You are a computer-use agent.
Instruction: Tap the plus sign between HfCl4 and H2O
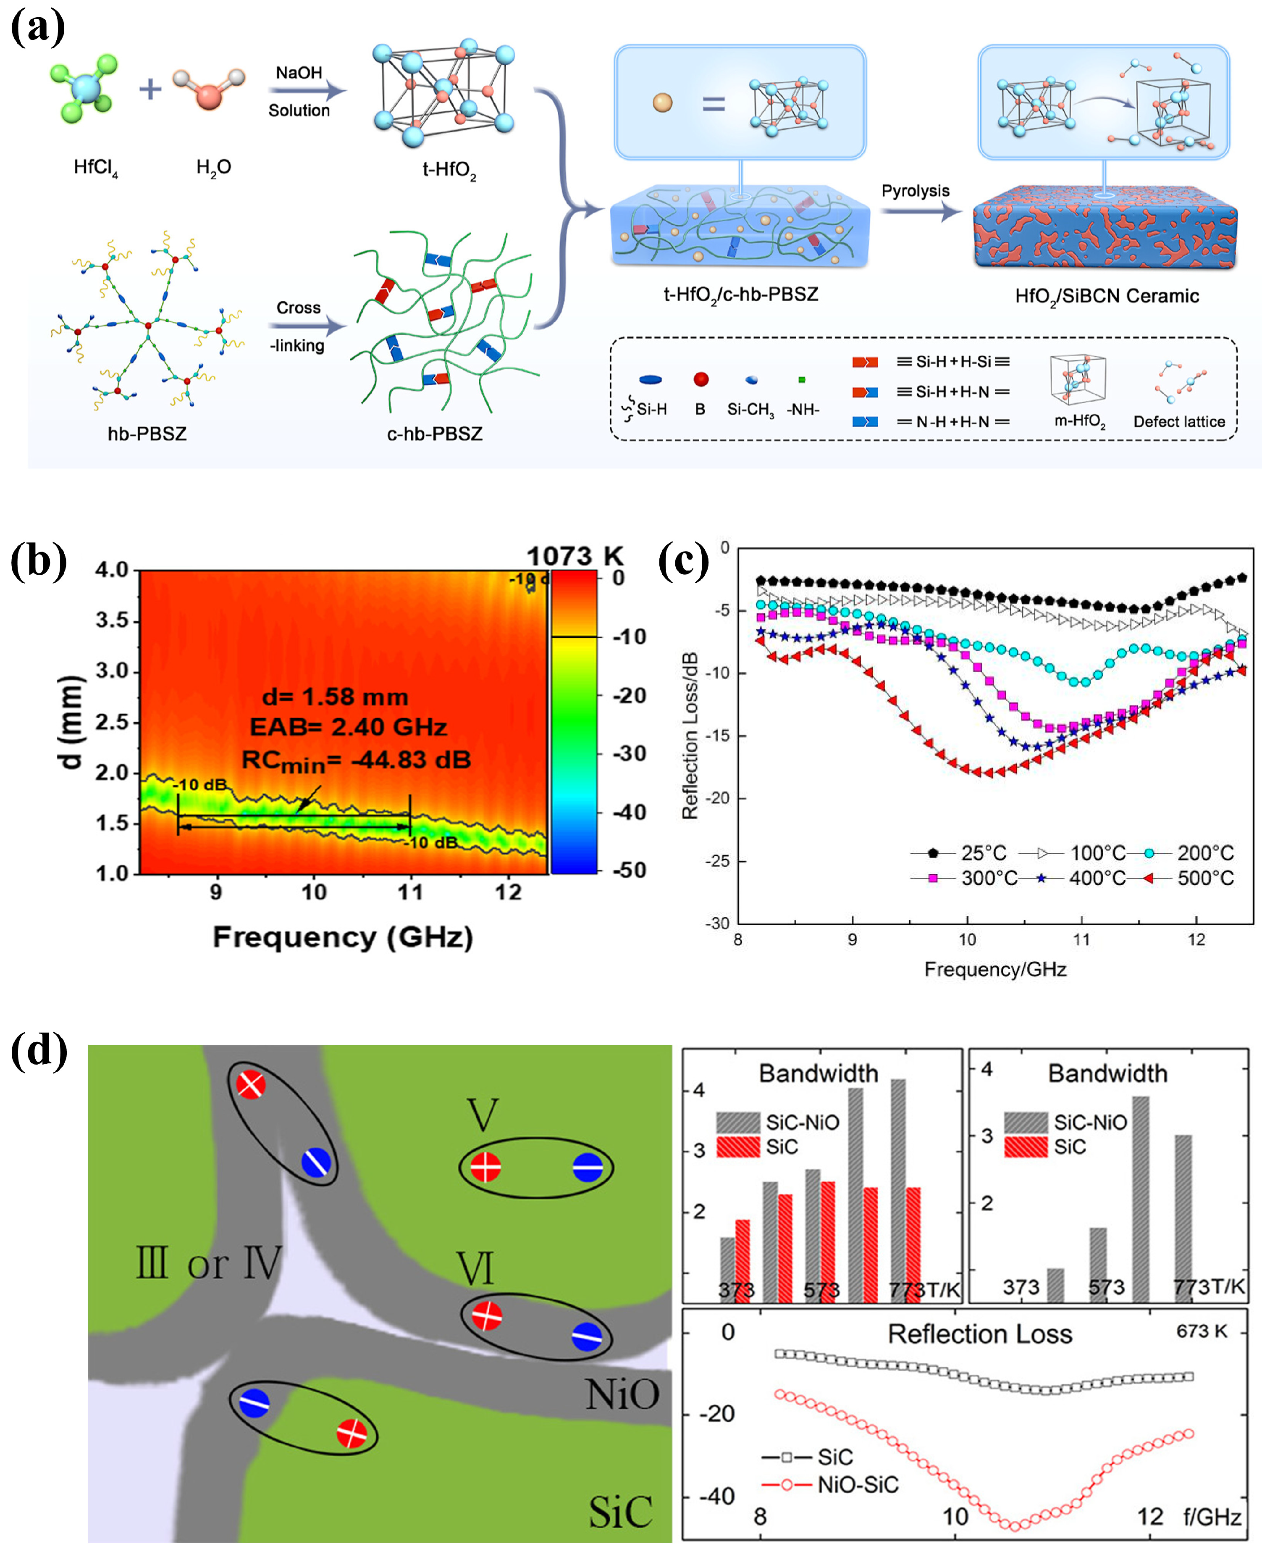coord(150,89)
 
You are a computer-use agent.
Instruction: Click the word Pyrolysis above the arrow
coord(915,191)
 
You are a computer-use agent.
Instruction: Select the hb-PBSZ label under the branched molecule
coord(147,434)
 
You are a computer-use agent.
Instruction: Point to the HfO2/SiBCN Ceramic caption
coord(1107,296)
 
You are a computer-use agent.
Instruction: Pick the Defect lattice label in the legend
coord(1178,422)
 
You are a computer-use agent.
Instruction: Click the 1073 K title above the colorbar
coord(574,556)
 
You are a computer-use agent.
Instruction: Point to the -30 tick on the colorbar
coord(628,753)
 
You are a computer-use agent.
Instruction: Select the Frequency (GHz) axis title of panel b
coord(342,936)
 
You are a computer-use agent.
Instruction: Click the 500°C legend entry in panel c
coord(1204,878)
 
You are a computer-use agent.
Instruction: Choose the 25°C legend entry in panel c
coord(983,852)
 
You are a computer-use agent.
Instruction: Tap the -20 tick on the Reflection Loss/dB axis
coord(717,798)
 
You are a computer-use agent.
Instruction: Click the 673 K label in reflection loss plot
coord(1202,1331)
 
